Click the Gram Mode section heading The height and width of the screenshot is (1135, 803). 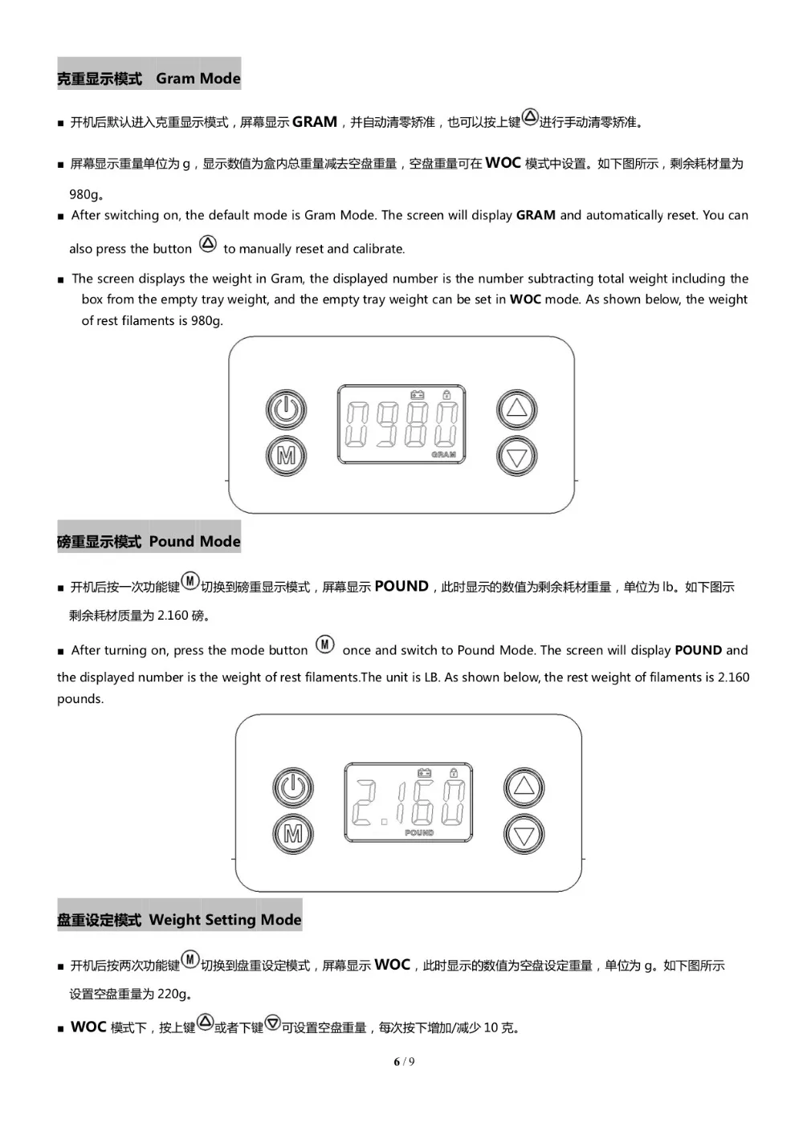[x=149, y=79]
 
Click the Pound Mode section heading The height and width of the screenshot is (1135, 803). [x=149, y=542]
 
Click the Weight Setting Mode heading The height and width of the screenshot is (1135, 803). [x=180, y=920]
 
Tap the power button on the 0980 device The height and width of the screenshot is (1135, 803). [x=286, y=410]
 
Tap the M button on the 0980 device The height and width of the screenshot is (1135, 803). [x=286, y=456]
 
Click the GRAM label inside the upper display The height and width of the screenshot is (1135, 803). [x=443, y=454]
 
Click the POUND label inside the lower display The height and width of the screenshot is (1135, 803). [x=419, y=833]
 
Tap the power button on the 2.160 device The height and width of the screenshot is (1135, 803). [x=293, y=788]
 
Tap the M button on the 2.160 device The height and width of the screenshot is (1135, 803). [x=293, y=834]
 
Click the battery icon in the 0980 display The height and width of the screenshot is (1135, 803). [x=418, y=394]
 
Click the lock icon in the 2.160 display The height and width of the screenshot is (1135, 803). [x=454, y=773]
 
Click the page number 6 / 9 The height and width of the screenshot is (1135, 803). [x=404, y=1062]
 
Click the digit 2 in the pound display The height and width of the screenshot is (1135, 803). [x=367, y=803]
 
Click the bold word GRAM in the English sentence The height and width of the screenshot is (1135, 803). [x=536, y=215]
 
